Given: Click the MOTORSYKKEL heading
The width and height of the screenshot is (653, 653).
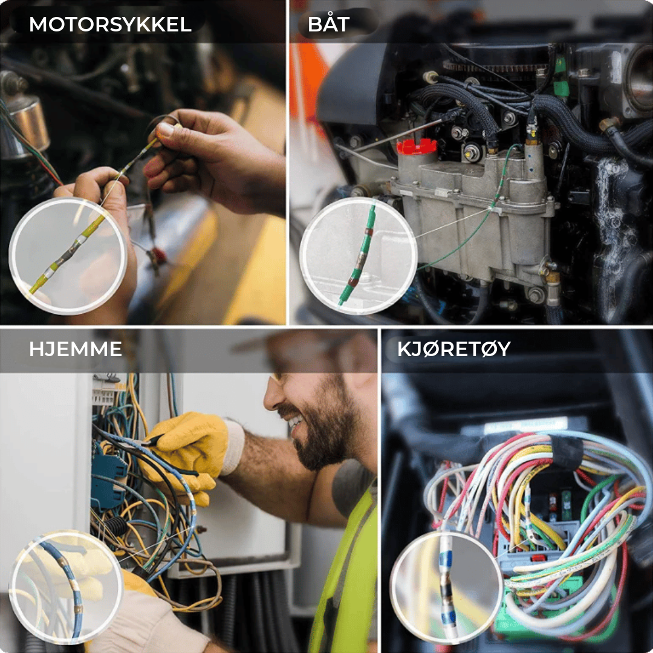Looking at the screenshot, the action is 111,24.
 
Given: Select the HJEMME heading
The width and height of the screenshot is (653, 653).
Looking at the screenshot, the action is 76,349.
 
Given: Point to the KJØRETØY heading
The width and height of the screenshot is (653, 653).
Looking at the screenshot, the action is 454,349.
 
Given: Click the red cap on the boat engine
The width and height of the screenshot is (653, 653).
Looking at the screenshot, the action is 417,146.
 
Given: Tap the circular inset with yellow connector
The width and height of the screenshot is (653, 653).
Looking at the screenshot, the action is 68,256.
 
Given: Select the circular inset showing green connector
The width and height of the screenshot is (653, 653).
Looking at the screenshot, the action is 358,255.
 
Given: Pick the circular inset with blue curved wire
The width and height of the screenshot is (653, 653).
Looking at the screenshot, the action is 66,586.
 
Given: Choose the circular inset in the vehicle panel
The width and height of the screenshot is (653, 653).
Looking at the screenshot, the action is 446,587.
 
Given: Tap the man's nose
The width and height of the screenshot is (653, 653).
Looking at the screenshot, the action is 271,399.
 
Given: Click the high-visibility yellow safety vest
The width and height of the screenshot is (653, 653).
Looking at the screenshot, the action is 346,575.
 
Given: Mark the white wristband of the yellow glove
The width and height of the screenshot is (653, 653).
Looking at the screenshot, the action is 234,446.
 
